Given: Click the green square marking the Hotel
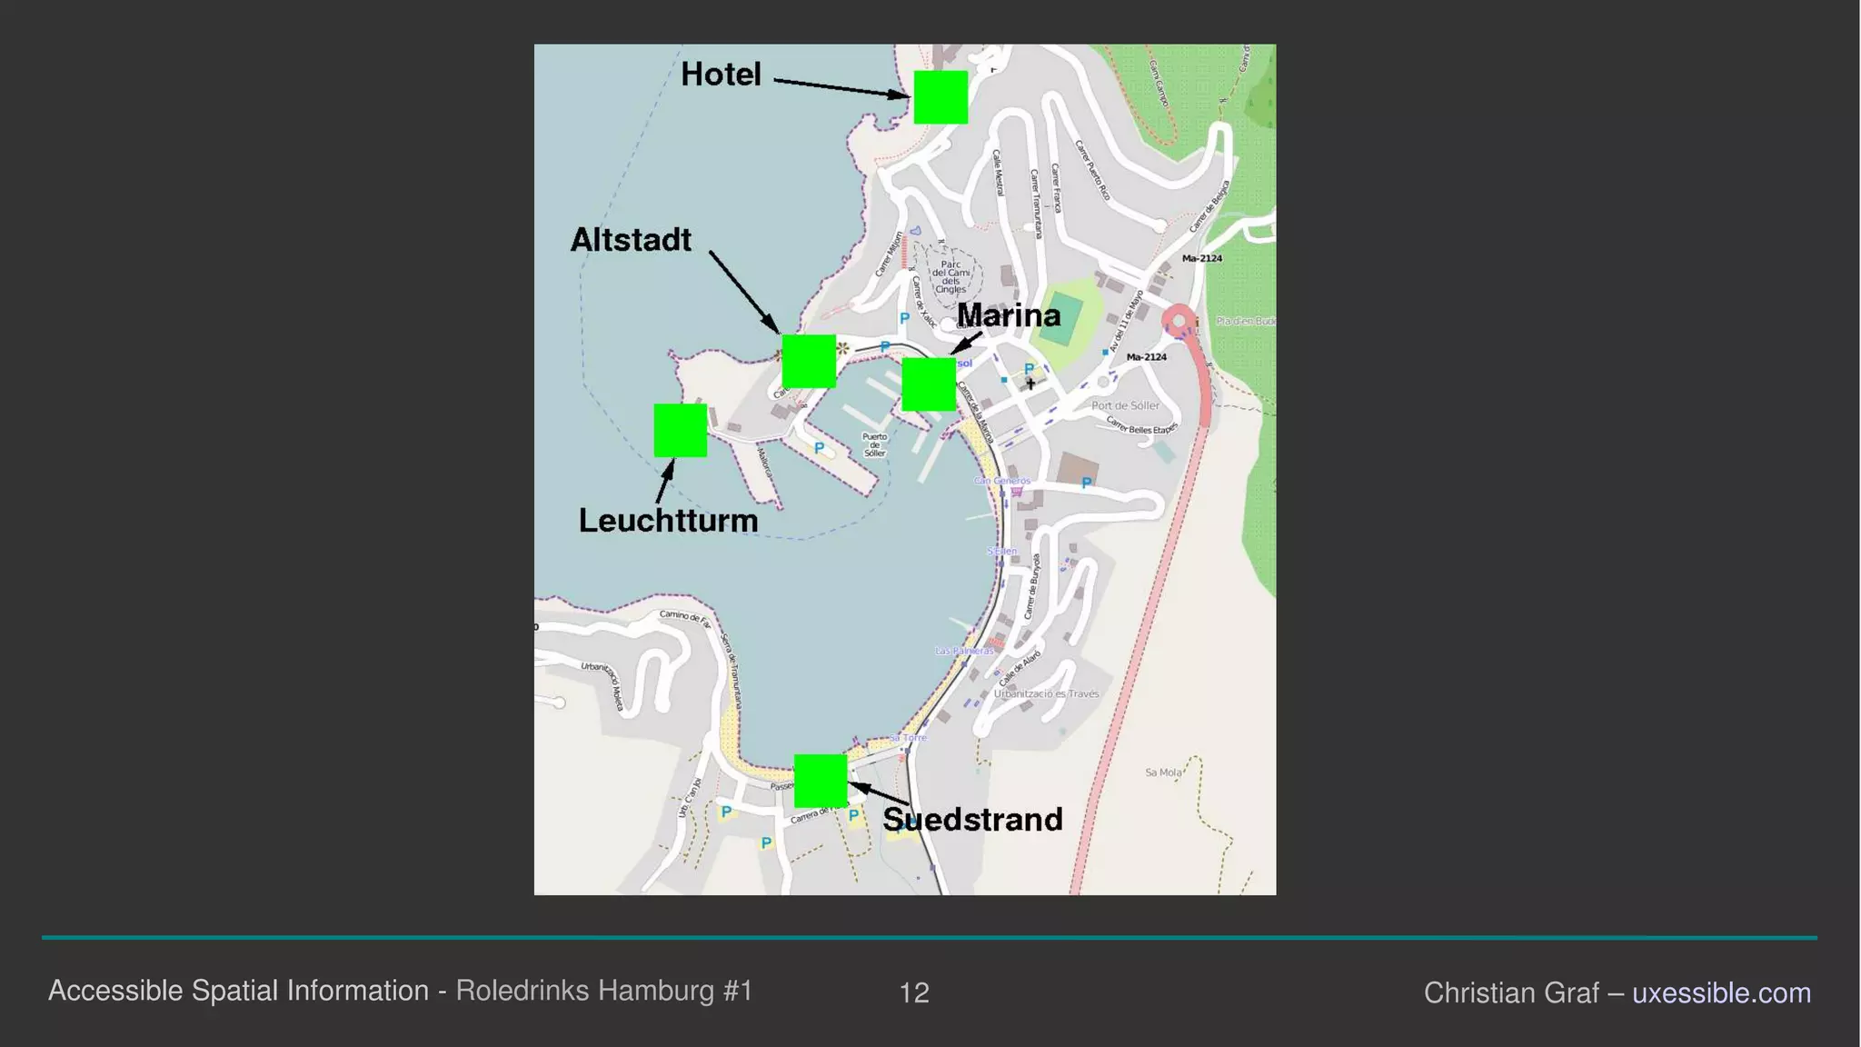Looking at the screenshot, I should (940, 97).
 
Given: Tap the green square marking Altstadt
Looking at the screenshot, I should (809, 361).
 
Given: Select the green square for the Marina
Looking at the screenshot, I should (929, 384).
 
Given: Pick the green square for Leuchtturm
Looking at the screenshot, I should (681, 430).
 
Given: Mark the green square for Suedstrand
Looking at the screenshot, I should (821, 781).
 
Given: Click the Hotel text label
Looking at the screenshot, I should (721, 75).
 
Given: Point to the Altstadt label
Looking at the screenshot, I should (631, 240).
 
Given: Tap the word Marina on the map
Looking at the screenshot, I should (1009, 315).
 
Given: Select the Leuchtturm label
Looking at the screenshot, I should (668, 521).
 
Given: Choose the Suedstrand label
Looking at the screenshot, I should (972, 820).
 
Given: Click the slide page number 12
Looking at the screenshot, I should (914, 992).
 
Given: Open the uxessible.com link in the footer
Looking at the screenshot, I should (1721, 992).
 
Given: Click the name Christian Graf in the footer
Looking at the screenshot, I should (1510, 992).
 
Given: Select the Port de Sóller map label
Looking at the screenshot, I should (1125, 405).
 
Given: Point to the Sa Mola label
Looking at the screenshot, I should (1163, 773).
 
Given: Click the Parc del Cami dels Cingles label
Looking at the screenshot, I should (950, 277).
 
